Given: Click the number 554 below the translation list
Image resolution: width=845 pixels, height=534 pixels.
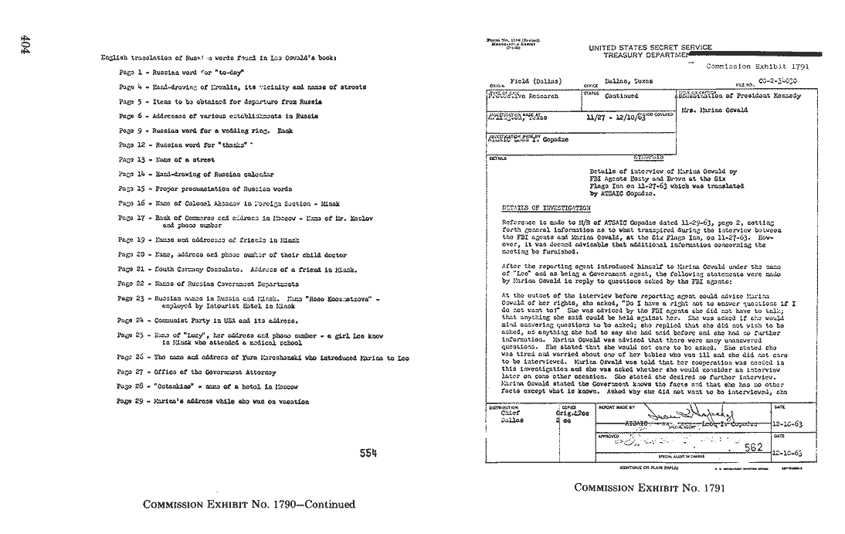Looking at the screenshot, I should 369,454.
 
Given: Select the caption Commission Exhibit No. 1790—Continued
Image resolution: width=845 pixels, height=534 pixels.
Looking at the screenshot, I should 249,505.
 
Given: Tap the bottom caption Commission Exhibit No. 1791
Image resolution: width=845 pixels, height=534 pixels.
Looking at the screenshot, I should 640,488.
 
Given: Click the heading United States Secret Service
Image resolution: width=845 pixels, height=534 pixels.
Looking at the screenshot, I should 650,48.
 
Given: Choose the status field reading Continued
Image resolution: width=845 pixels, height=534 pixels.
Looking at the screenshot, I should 621,97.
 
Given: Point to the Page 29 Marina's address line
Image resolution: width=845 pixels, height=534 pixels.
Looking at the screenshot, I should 213,401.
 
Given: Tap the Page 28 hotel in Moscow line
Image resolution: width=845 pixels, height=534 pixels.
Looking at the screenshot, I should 208,386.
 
